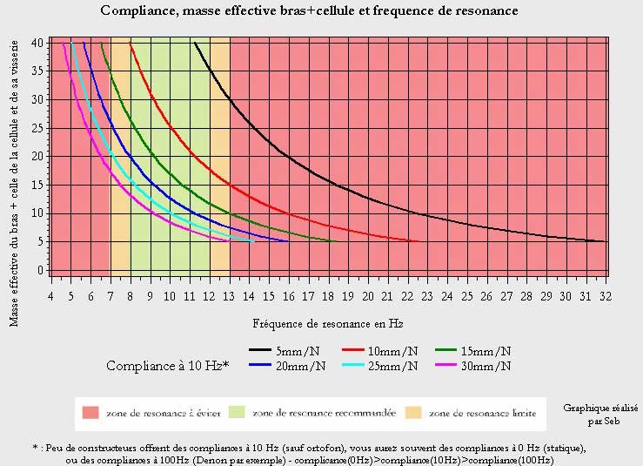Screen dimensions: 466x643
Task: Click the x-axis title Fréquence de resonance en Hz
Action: [327, 323]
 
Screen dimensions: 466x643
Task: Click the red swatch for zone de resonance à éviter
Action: [90, 412]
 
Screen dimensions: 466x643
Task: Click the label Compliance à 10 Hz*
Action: [167, 366]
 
